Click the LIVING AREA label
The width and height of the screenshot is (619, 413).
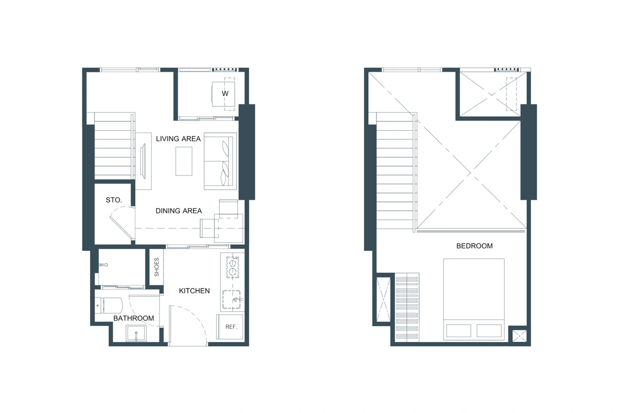[x=178, y=139]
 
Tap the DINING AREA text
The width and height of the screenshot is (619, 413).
[x=178, y=211]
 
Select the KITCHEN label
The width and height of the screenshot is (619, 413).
[x=194, y=291]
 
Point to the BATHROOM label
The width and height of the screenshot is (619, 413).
[x=134, y=318]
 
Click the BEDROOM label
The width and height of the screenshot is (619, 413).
[x=475, y=246]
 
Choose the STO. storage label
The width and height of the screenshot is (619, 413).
[x=114, y=200]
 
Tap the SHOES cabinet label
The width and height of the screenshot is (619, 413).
[x=157, y=267]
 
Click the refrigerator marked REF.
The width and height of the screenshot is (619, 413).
[x=230, y=327]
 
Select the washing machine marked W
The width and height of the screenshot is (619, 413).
[x=223, y=94]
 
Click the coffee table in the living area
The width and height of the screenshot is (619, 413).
[x=184, y=161]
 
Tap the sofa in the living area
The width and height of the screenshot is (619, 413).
[x=220, y=161]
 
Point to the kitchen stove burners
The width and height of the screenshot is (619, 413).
[x=233, y=267]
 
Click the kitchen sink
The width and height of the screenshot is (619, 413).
[x=232, y=299]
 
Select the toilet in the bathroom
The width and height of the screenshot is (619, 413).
[x=109, y=306]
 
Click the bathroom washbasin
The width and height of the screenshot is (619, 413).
[x=136, y=333]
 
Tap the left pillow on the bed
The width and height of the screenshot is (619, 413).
[x=459, y=330]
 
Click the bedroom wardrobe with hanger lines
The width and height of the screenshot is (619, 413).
[x=407, y=307]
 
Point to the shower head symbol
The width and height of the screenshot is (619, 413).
[x=103, y=265]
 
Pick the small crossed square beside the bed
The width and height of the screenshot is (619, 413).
[x=519, y=336]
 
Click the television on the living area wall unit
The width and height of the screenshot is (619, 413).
[x=143, y=161]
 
